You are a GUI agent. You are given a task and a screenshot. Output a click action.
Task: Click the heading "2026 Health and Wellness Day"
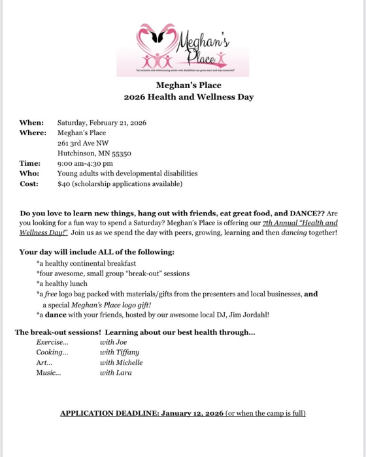189,97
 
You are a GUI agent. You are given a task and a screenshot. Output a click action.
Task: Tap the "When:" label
31,123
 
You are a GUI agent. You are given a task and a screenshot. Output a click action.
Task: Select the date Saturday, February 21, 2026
101,123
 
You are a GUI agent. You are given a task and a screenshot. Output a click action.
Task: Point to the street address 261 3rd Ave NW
83,143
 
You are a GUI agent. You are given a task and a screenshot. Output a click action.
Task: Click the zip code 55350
121,153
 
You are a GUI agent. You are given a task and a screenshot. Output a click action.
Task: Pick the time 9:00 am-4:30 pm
85,164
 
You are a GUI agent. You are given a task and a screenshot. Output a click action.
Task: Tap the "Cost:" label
30,184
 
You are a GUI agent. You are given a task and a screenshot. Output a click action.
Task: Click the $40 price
63,184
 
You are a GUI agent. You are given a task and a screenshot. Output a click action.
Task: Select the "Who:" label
30,174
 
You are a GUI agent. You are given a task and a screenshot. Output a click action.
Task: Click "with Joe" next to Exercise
115,341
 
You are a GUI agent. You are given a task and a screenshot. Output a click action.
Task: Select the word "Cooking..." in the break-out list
52,352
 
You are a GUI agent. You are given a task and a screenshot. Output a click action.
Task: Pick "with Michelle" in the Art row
121,362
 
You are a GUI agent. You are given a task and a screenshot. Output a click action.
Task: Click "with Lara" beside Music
116,373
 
